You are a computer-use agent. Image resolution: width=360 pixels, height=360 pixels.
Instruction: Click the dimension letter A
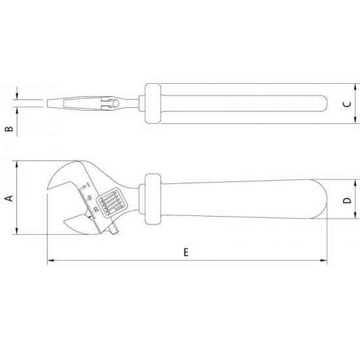tap(9, 198)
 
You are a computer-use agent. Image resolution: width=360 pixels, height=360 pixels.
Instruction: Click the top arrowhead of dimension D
tap(354, 186)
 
